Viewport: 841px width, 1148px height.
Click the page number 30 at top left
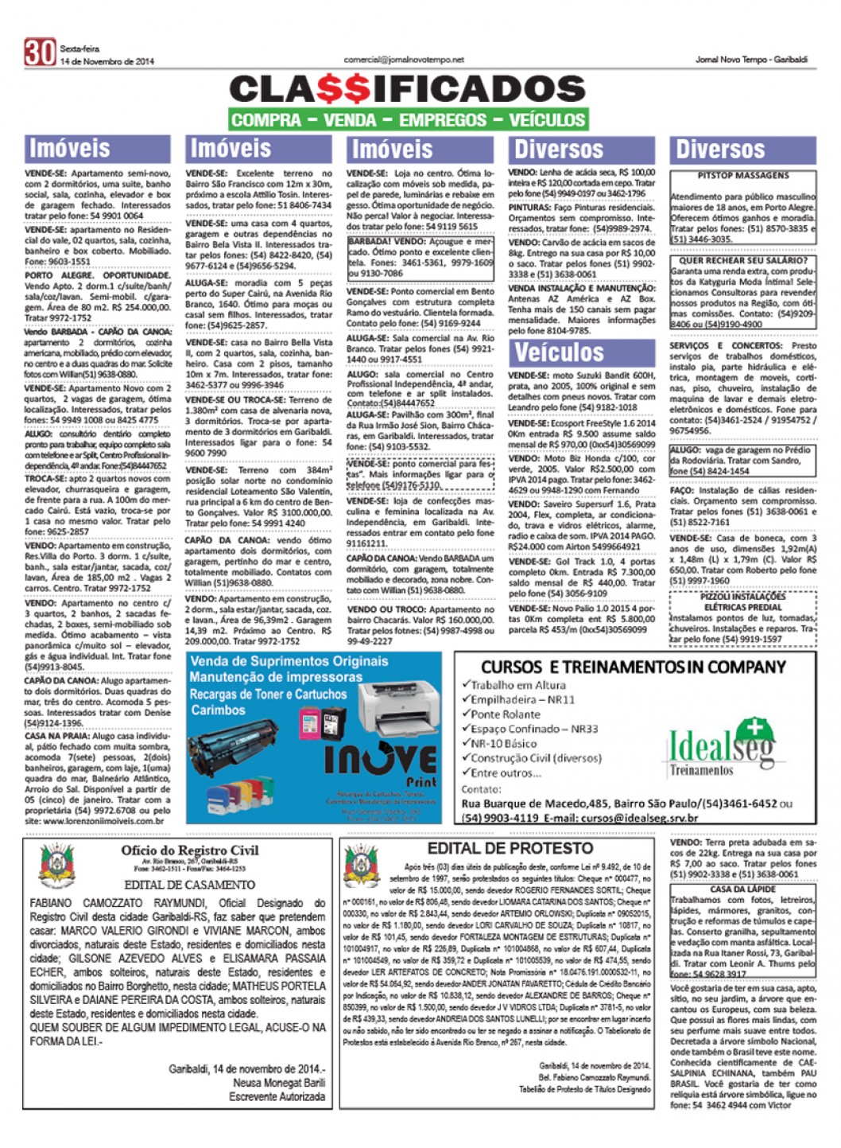click(40, 52)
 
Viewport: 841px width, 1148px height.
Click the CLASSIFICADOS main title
click(408, 90)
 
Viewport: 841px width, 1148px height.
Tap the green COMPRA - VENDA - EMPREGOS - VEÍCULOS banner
click(408, 120)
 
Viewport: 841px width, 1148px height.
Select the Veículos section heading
click(560, 352)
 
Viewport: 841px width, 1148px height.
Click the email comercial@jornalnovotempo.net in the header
click(404, 60)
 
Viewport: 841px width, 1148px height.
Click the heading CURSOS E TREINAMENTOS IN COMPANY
click(633, 667)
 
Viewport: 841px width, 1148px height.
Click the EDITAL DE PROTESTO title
click(510, 848)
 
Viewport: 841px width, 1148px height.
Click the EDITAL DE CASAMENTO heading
click(189, 884)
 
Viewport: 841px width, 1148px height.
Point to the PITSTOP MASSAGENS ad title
click(743, 175)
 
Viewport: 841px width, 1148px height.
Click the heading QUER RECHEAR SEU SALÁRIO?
click(743, 260)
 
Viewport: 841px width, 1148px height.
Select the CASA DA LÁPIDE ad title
click(742, 889)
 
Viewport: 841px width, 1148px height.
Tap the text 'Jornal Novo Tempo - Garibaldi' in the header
click(751, 60)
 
